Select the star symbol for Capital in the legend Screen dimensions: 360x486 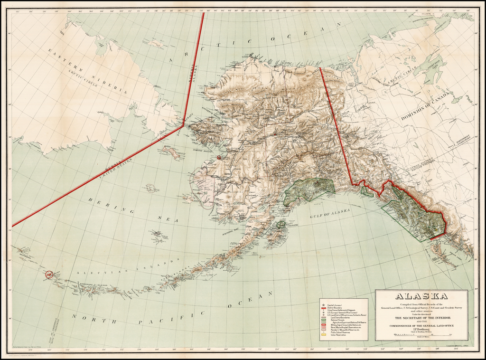pyautogui.click(x=323, y=304)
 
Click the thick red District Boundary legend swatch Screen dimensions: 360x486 pyautogui.click(x=323, y=307)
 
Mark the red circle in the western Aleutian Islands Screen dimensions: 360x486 pyautogui.click(x=49, y=274)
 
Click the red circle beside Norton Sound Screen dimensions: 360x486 pyautogui.click(x=219, y=157)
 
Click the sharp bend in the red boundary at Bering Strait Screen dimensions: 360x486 pyautogui.click(x=183, y=125)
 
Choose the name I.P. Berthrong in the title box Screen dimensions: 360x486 pyautogui.click(x=421, y=328)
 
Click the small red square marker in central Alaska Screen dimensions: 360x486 pyautogui.click(x=275, y=135)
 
